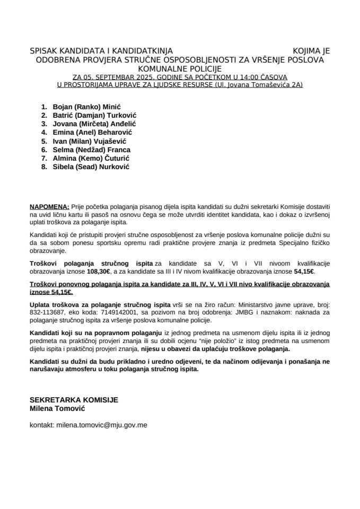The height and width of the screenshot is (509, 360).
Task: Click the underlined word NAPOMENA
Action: (49, 205)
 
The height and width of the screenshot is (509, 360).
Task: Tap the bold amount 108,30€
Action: (100, 271)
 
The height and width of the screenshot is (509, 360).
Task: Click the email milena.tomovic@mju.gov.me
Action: (98, 425)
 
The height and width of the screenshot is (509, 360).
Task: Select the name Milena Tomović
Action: (57, 408)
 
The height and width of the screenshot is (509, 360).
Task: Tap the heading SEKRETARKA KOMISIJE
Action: (74, 400)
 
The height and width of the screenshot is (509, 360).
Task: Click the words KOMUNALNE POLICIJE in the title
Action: (180, 68)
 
